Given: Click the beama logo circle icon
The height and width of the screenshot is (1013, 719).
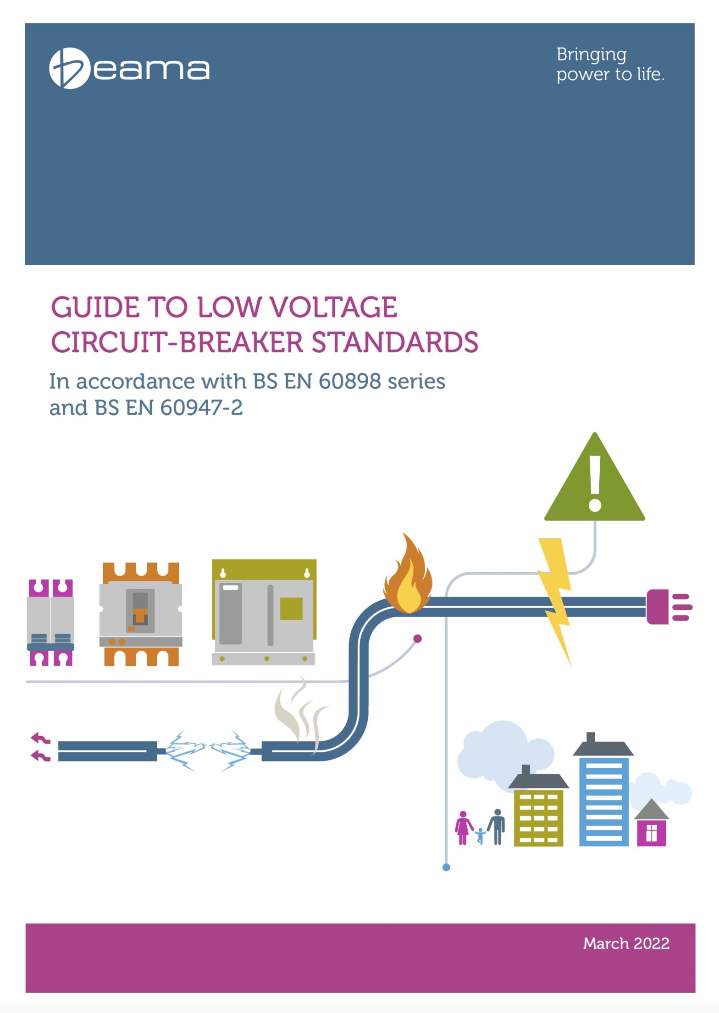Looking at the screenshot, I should click(x=69, y=68).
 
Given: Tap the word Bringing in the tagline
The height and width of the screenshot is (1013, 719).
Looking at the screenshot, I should click(x=591, y=55).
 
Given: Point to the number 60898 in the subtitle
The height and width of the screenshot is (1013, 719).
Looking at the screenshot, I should click(x=349, y=382).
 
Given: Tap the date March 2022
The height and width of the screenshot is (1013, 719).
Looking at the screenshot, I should click(x=625, y=943).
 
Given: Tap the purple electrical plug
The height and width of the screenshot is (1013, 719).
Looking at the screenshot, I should click(x=668, y=607).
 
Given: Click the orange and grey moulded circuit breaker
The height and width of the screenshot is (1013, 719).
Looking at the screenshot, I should click(x=141, y=614).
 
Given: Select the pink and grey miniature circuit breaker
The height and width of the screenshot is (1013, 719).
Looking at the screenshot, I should click(x=50, y=622).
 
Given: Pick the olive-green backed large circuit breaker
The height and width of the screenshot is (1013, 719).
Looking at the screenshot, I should click(x=264, y=612).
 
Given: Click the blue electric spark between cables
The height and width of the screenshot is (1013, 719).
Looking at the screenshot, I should click(x=207, y=750).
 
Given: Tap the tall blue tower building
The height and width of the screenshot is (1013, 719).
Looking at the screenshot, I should click(x=603, y=797).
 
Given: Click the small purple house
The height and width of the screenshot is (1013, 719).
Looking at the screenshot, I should click(x=651, y=829).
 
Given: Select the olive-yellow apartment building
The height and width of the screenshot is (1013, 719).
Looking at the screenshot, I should click(x=538, y=816).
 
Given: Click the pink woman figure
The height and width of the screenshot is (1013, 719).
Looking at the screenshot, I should click(x=463, y=827).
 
